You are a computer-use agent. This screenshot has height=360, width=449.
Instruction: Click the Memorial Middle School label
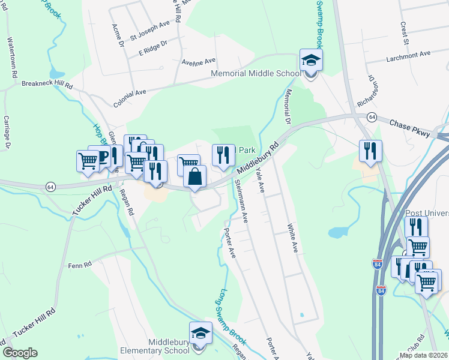pos(255,74)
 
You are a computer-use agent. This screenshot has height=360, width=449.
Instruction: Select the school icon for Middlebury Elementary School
pos(200,334)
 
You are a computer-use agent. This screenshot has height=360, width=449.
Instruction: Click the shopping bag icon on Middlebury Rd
pos(195,177)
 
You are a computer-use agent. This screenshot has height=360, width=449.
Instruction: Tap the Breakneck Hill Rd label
pos(47,85)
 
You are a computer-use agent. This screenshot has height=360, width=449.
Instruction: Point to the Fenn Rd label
pos(79,265)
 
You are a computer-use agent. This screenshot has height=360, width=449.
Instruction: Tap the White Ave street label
pos(292,239)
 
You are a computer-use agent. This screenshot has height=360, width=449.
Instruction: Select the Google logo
pos(20,353)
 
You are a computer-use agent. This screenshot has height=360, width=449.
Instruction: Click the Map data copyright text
pos(423,355)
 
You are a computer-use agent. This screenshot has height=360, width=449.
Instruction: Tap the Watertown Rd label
pos(11,58)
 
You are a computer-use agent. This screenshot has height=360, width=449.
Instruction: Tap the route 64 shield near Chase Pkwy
pos(373,116)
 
